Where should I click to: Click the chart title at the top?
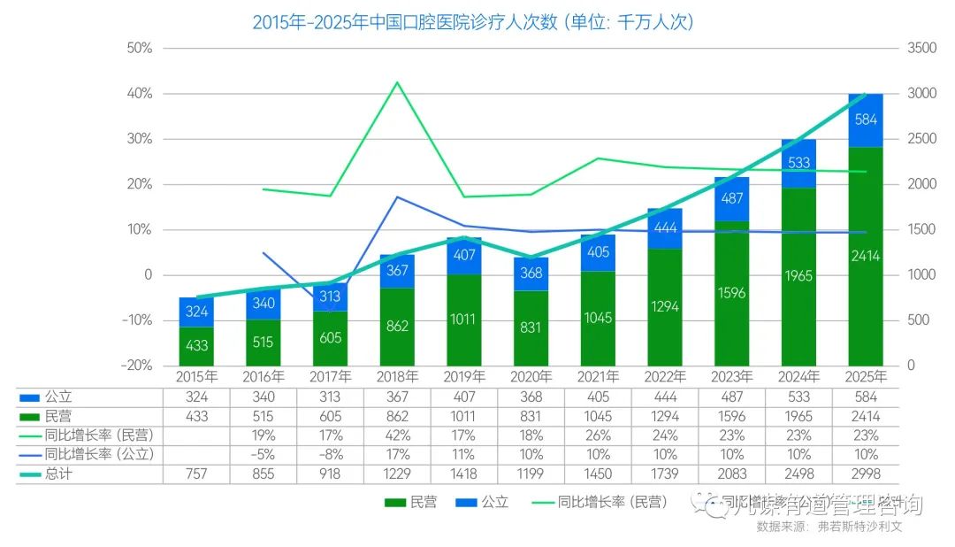click(x=472, y=22)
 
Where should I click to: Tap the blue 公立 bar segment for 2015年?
click(x=196, y=312)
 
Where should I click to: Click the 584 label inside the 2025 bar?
click(x=866, y=119)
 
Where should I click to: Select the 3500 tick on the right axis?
click(x=922, y=48)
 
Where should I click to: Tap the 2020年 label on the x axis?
click(x=531, y=377)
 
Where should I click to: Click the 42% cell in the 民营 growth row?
click(x=397, y=435)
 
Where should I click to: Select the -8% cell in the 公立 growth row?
click(x=331, y=454)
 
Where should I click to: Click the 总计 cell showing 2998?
click(x=866, y=474)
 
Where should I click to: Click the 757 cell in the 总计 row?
click(x=196, y=474)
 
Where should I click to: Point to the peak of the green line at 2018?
click(x=397, y=82)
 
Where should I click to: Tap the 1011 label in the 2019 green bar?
click(x=464, y=319)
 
